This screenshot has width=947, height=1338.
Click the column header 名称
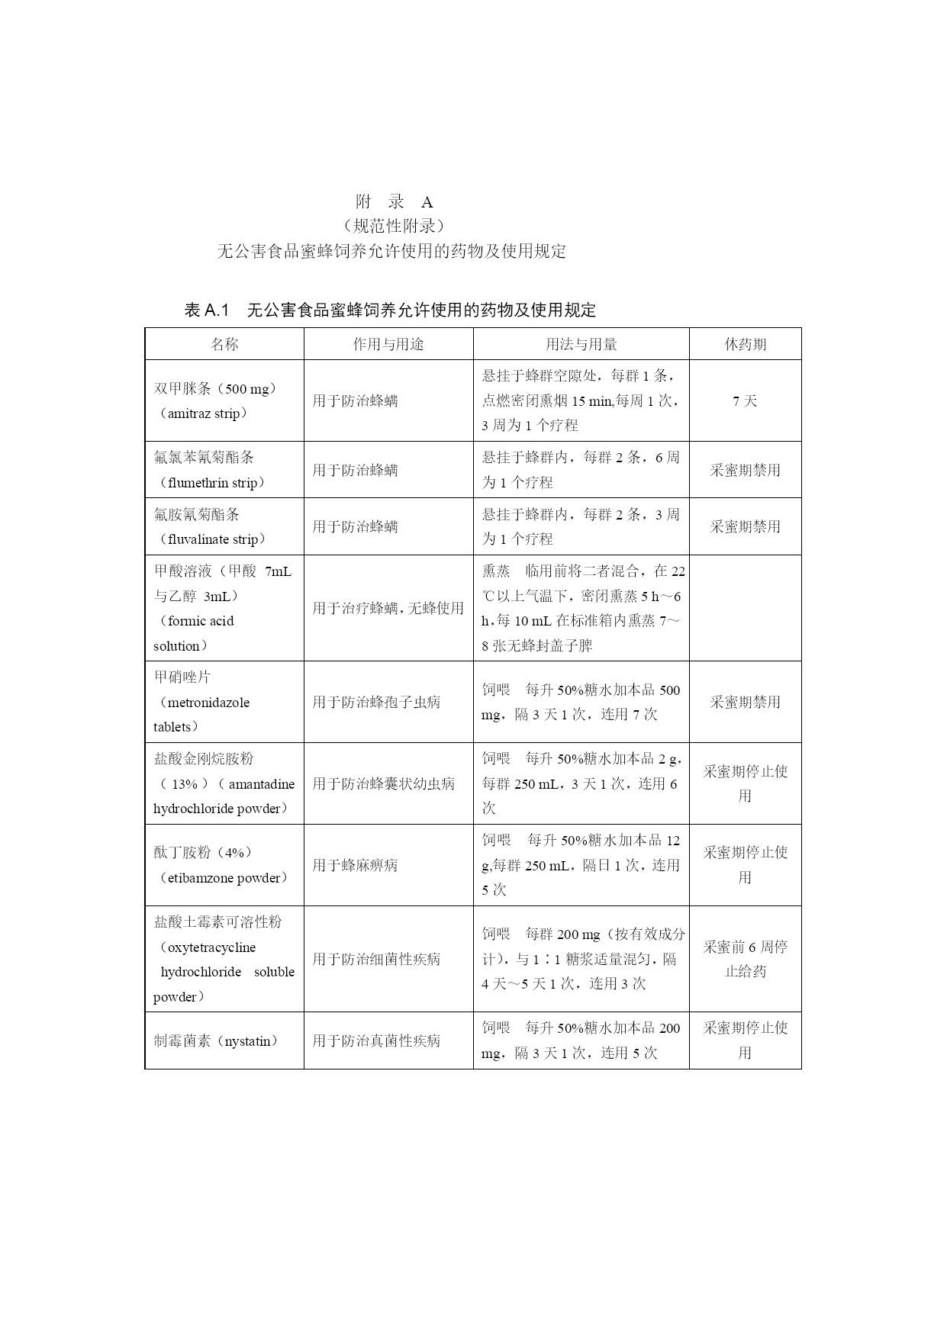[224, 344]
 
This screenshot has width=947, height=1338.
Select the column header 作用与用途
[388, 344]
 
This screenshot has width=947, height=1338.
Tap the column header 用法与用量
[581, 344]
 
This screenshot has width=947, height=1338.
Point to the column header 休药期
[745, 344]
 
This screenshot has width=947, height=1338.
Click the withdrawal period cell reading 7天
[745, 400]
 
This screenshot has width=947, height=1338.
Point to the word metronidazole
[208, 703]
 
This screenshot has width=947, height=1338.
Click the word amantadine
[261, 784]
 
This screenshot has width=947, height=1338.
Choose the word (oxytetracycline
[206, 947]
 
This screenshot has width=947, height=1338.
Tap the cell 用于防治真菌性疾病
[376, 1041]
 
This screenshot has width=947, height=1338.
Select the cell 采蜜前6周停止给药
[745, 959]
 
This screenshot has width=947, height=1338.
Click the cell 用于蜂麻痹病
[355, 866]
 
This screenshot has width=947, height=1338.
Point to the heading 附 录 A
[395, 202]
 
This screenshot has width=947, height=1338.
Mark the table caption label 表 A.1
[207, 310]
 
